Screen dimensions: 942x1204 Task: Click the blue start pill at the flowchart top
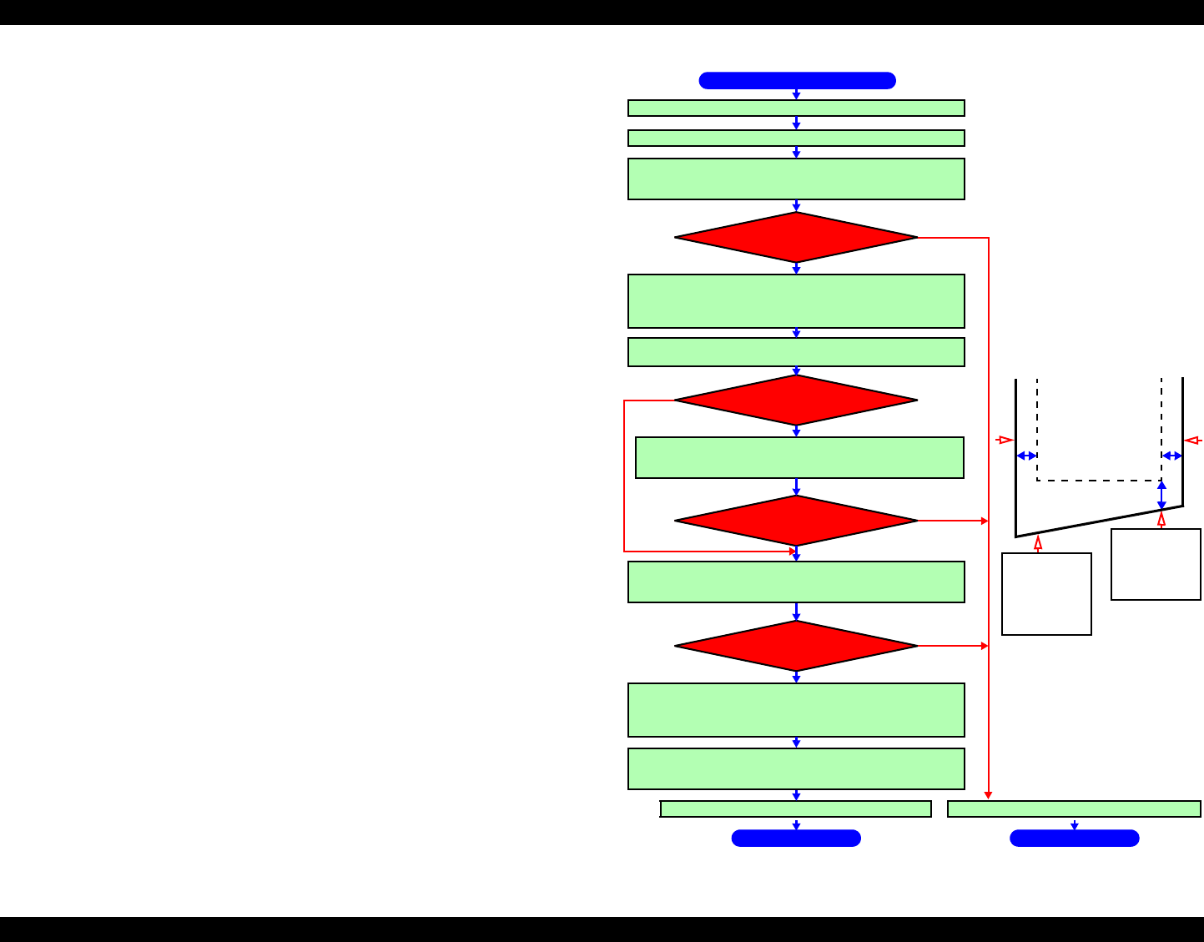(x=797, y=80)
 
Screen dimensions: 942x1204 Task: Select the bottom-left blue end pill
(x=796, y=838)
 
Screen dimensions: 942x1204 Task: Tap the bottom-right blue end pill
(x=1074, y=838)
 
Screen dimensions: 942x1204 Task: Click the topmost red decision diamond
(x=796, y=238)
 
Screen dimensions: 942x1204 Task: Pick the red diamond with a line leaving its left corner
(x=796, y=400)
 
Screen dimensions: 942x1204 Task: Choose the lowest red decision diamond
(x=796, y=646)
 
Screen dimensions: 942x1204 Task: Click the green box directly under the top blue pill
(x=796, y=108)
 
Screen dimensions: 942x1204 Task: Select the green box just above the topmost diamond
(x=796, y=179)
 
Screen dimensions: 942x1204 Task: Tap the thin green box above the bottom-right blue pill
(x=1074, y=809)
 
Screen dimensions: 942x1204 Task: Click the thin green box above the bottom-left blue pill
(x=796, y=809)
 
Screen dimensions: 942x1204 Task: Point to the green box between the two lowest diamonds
(x=796, y=582)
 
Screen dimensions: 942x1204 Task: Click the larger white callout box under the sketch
(x=1046, y=594)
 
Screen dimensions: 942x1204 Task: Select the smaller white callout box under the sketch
(x=1156, y=564)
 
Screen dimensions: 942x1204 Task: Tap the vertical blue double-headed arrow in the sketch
(x=1161, y=495)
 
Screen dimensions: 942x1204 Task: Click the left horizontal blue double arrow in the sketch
(x=1026, y=456)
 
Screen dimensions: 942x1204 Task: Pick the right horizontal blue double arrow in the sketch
(x=1172, y=456)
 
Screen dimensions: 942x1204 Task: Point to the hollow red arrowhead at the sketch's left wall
(x=1005, y=440)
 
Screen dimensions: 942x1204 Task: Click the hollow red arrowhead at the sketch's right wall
(x=1192, y=440)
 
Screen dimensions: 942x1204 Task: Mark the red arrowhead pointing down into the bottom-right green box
(x=989, y=795)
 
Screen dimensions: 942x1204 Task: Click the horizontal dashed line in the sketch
(x=1099, y=481)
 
